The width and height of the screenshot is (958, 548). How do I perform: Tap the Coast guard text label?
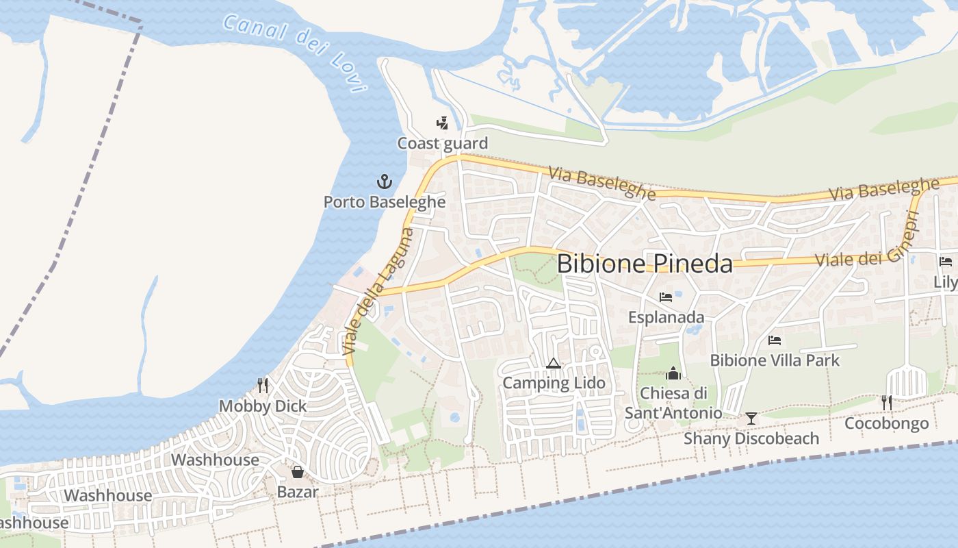click(x=443, y=143)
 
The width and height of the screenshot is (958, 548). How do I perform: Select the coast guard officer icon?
click(x=442, y=123)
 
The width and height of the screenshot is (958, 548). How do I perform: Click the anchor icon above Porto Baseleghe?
click(x=385, y=182)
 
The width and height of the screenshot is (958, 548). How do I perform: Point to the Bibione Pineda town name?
click(x=645, y=264)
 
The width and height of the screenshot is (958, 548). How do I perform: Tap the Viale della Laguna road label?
click(x=378, y=290)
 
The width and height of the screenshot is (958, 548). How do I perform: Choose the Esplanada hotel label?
click(x=666, y=317)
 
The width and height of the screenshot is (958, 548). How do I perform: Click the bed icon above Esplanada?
click(x=666, y=297)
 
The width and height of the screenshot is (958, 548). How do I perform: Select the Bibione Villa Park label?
click(x=775, y=360)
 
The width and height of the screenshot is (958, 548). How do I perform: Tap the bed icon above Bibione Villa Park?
click(x=775, y=340)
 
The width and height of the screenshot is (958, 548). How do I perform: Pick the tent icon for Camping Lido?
click(x=554, y=363)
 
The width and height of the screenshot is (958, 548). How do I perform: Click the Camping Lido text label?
click(x=554, y=383)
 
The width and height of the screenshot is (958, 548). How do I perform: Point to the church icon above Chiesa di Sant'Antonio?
click(x=673, y=373)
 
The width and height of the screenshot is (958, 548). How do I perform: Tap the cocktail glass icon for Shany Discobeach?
click(x=751, y=418)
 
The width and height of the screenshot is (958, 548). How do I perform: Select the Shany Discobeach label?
click(x=751, y=438)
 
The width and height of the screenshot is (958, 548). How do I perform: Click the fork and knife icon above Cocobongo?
click(x=887, y=403)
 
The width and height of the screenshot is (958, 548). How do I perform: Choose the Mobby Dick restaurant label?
click(x=263, y=406)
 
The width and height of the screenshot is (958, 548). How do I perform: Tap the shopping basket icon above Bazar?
click(x=298, y=471)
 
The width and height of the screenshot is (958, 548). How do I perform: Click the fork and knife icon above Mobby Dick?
click(x=262, y=386)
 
